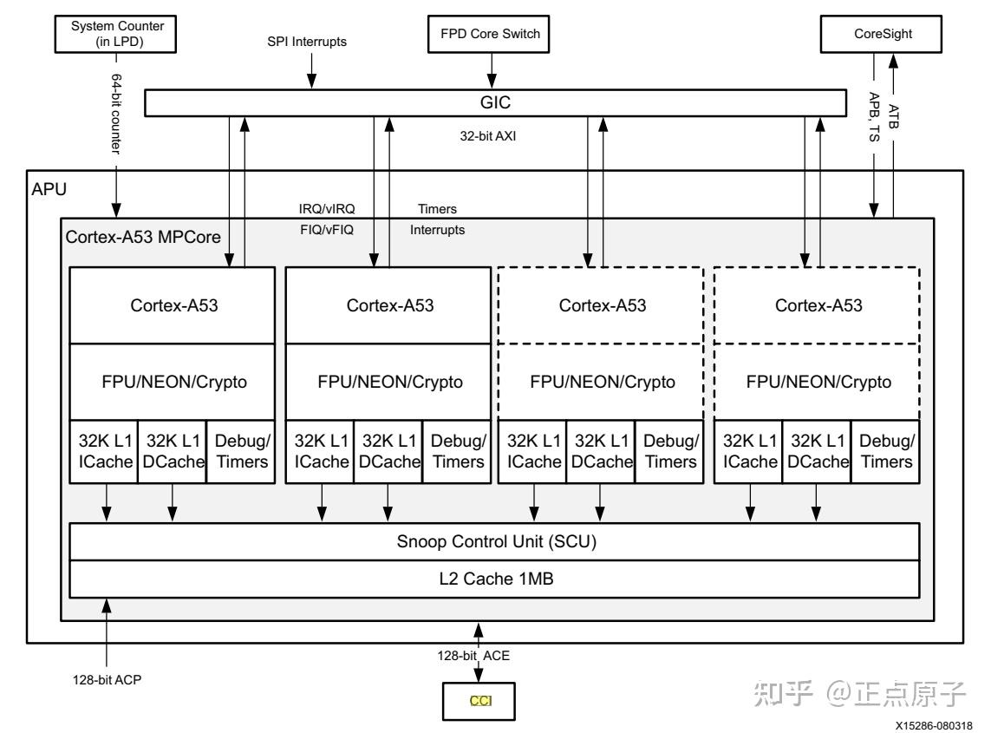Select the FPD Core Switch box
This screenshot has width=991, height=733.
(x=492, y=35)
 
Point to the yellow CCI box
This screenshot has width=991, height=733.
(x=479, y=700)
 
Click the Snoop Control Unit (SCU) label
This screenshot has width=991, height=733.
(x=493, y=542)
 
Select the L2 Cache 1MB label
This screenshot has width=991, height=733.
(x=493, y=579)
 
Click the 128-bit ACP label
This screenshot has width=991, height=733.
(x=108, y=679)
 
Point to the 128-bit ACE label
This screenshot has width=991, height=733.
(x=473, y=657)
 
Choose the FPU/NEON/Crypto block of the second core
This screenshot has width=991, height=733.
(x=390, y=382)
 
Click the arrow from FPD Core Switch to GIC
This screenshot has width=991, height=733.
(x=492, y=69)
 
